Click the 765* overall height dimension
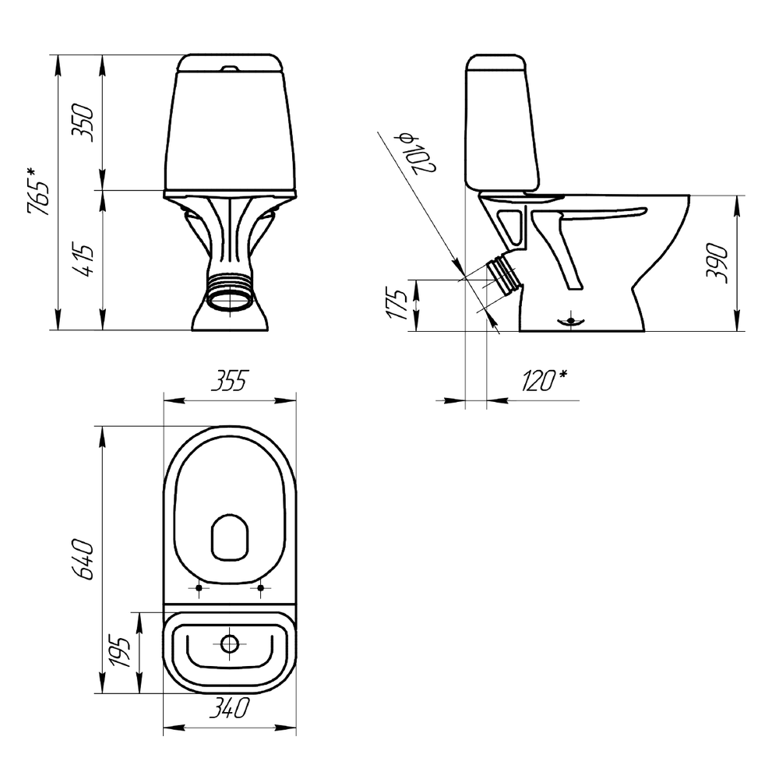pyautogui.click(x=39, y=192)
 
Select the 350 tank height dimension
pyautogui.click(x=83, y=122)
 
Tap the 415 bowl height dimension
pyautogui.click(x=83, y=260)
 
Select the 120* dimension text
pyautogui.click(x=544, y=381)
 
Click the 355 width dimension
pyautogui.click(x=229, y=381)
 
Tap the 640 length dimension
pyautogui.click(x=83, y=559)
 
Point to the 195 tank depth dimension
pyautogui.click(x=119, y=651)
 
